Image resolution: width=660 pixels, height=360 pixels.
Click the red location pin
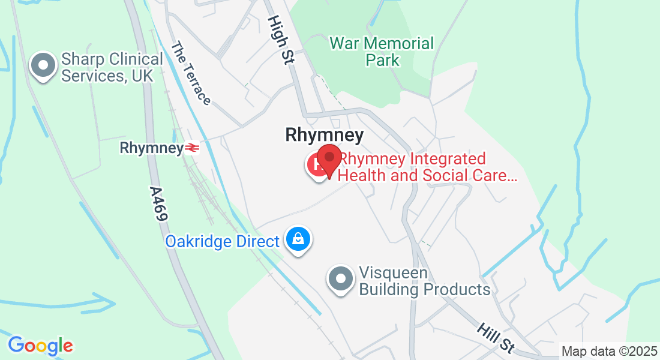click(x=329, y=158)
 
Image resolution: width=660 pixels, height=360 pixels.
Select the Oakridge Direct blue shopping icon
click(x=298, y=239)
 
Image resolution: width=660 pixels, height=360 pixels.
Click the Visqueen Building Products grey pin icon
click(x=341, y=279)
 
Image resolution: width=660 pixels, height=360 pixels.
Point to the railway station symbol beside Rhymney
click(x=192, y=148)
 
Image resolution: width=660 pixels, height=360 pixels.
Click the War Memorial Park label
click(x=382, y=52)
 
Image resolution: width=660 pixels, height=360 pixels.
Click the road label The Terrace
click(x=191, y=73)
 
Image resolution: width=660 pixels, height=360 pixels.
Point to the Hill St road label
click(x=496, y=338)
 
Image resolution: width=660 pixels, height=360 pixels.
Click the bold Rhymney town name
click(x=324, y=135)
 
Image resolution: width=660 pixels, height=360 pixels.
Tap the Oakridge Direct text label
click(x=223, y=242)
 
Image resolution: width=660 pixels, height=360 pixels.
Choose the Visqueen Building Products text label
click(x=424, y=281)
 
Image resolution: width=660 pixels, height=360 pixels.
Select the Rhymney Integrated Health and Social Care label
click(x=427, y=167)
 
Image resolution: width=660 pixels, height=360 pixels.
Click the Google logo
click(x=40, y=346)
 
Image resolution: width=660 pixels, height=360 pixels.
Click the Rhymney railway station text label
click(x=152, y=148)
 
